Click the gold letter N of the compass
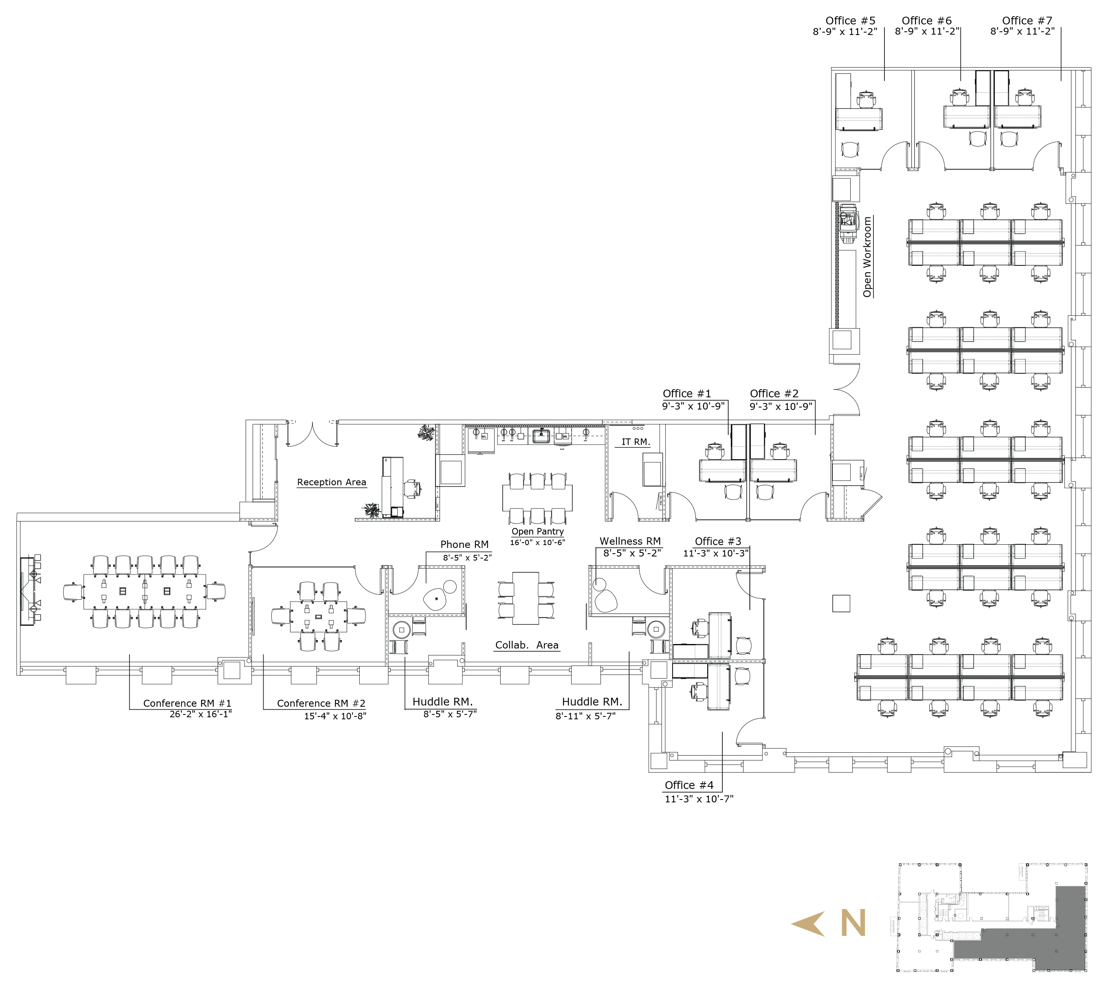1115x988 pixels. (x=853, y=922)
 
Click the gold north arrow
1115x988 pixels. (x=809, y=924)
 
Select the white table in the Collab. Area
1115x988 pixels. (x=526, y=598)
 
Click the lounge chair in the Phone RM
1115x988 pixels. (x=435, y=599)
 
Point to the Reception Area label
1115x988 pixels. (x=332, y=482)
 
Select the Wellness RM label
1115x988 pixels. (x=630, y=541)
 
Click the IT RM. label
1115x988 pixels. (x=634, y=442)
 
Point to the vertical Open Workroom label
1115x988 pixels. (x=867, y=257)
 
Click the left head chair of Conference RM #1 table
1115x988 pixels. (x=73, y=591)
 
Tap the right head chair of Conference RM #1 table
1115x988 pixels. (x=216, y=591)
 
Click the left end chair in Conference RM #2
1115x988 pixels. (x=281, y=616)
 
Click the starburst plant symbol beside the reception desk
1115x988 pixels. (x=373, y=510)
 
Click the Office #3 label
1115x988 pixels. (x=718, y=541)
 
